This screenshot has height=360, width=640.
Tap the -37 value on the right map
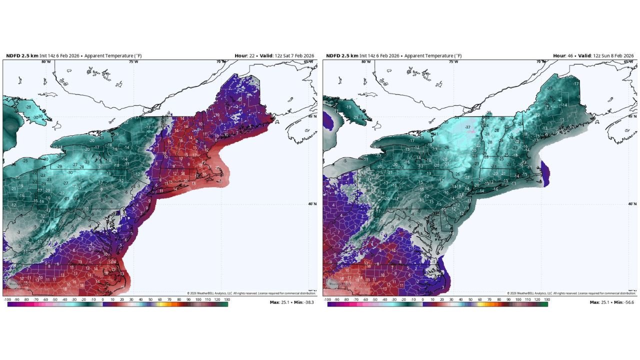[467, 127]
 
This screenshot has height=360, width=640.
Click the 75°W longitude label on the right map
[453, 61]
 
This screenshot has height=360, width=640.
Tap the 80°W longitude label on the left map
[46, 61]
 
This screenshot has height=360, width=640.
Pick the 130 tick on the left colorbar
[226, 299]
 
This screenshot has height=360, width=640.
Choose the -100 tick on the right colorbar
[327, 299]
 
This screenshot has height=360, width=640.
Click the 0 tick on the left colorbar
[103, 299]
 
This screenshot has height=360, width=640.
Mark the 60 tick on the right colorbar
[480, 299]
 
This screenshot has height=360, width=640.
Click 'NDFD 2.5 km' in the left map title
[21, 55]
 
